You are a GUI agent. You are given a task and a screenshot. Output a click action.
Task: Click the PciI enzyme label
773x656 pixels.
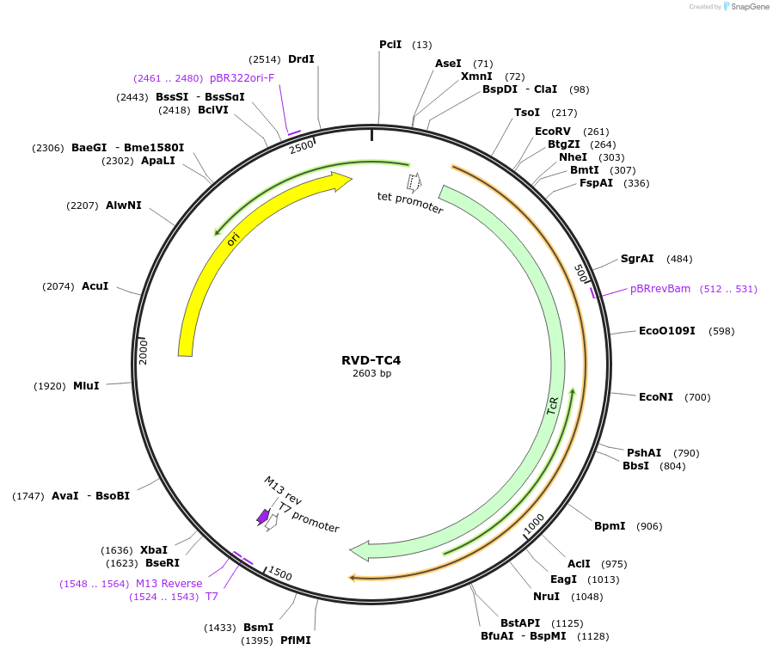pos(390,45)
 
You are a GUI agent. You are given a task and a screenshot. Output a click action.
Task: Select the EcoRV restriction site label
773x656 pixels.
pos(553,132)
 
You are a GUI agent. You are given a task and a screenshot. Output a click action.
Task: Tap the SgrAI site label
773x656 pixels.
pos(637,259)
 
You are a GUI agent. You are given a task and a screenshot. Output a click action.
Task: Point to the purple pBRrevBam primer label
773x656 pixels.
pos(660,289)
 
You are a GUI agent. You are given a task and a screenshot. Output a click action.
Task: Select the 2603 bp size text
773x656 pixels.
pos(371,373)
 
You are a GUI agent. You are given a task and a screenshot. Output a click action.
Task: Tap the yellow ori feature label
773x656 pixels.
pos(233,239)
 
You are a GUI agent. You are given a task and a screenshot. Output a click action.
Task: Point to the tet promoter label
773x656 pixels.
pos(410,203)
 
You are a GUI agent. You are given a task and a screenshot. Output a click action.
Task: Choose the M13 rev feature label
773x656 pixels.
pos(282,490)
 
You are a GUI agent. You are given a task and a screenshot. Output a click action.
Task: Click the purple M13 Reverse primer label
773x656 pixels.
pos(169,584)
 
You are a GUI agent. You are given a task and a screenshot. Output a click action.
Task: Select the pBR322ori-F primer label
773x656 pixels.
pos(242,78)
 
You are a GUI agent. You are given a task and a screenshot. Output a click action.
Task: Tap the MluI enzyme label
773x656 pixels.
pos(86,386)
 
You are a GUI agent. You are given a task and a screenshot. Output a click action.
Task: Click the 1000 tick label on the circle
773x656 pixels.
pos(534,523)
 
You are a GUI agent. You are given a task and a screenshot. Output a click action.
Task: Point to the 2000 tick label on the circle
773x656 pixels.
pos(144,351)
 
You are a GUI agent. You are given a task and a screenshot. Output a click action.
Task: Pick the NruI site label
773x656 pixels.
pos(546,597)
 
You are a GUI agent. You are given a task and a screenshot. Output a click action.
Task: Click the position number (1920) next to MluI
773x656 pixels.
pos(50,386)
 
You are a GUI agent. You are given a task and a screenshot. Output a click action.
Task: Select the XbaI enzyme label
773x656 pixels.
pos(154,550)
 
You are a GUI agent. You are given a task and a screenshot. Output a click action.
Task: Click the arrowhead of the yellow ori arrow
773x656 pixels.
pos(342,181)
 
